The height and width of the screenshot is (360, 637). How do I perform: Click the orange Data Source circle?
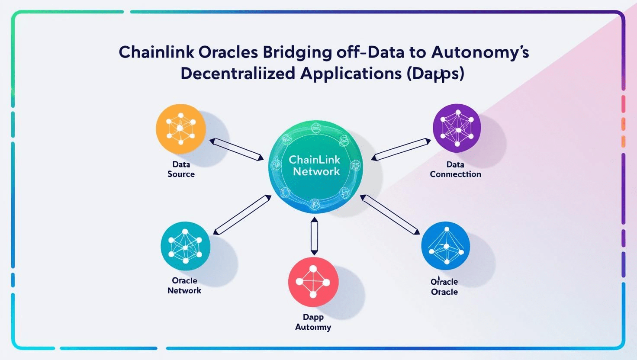point(181,129)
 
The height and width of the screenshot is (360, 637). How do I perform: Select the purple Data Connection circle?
point(457,128)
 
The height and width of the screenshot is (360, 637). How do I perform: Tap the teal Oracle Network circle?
point(185,246)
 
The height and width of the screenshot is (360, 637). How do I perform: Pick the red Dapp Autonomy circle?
point(313,282)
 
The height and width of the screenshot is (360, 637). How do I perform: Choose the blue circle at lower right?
point(445,246)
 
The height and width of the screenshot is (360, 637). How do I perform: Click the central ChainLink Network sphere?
point(315,166)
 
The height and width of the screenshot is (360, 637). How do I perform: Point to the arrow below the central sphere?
point(314,236)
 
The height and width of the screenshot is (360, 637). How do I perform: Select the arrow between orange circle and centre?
point(237,149)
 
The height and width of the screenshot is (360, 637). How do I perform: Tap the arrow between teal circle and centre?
point(242,215)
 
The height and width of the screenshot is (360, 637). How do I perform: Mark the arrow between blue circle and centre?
point(390,215)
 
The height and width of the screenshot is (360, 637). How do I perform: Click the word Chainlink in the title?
point(156,52)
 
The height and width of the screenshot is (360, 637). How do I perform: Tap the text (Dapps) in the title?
point(435,74)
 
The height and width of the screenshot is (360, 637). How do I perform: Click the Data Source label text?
point(181,169)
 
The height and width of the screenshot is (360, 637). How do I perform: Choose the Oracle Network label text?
point(184,286)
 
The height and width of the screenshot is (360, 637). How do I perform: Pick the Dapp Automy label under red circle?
point(313,322)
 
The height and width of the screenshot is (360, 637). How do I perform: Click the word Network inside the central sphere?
point(316,171)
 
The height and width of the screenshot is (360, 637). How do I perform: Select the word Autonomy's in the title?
point(480,52)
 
